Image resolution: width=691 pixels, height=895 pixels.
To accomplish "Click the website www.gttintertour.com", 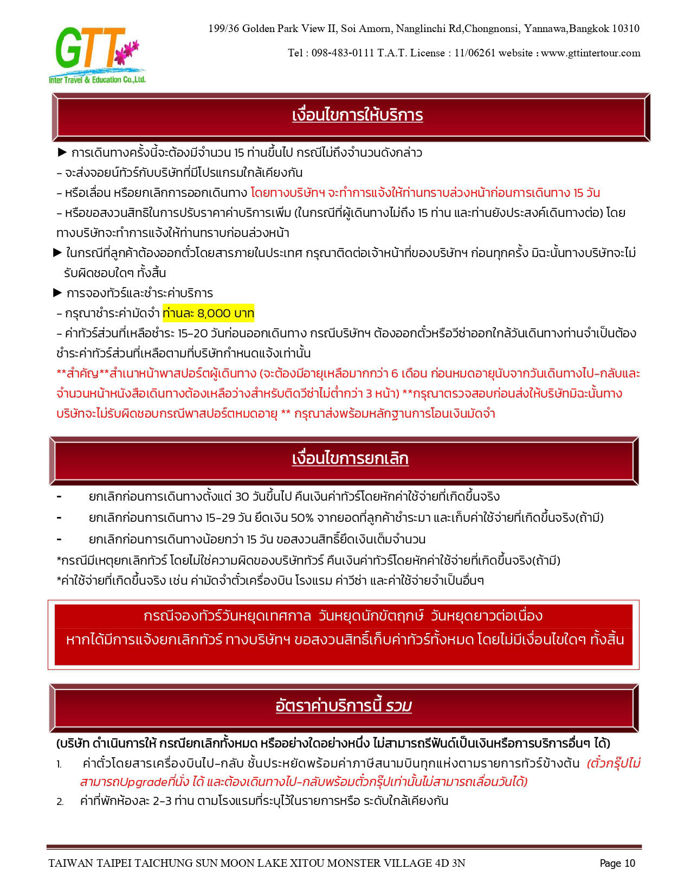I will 591,53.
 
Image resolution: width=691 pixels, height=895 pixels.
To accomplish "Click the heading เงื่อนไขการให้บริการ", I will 357,115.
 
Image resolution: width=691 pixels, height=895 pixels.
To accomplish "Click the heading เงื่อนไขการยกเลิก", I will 350,459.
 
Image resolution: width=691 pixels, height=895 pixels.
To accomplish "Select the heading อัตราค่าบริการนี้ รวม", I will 344,706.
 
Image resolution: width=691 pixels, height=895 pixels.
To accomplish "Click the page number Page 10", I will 617,864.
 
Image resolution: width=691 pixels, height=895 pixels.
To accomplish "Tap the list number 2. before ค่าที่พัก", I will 60,802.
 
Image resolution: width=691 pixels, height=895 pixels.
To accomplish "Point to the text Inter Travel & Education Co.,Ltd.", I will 98,80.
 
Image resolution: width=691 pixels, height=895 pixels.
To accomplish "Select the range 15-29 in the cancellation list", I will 220,518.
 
